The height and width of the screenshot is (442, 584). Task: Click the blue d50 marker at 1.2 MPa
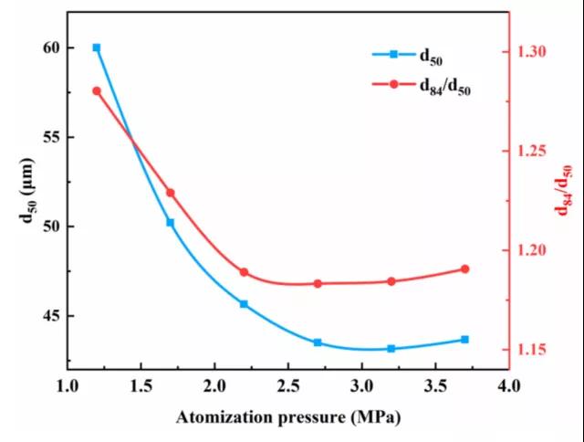97,47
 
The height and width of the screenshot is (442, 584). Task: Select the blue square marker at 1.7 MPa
170,223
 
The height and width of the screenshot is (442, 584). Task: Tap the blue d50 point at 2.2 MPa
244,304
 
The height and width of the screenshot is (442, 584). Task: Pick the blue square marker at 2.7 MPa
318,342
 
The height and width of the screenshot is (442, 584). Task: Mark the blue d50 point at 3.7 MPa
464,340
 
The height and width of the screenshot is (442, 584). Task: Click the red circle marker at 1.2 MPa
97,90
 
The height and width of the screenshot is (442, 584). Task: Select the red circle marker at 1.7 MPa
170,193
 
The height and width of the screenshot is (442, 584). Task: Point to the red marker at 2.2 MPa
244,272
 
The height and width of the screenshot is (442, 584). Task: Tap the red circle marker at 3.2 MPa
391,281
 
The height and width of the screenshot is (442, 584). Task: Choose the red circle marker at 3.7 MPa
464,269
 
